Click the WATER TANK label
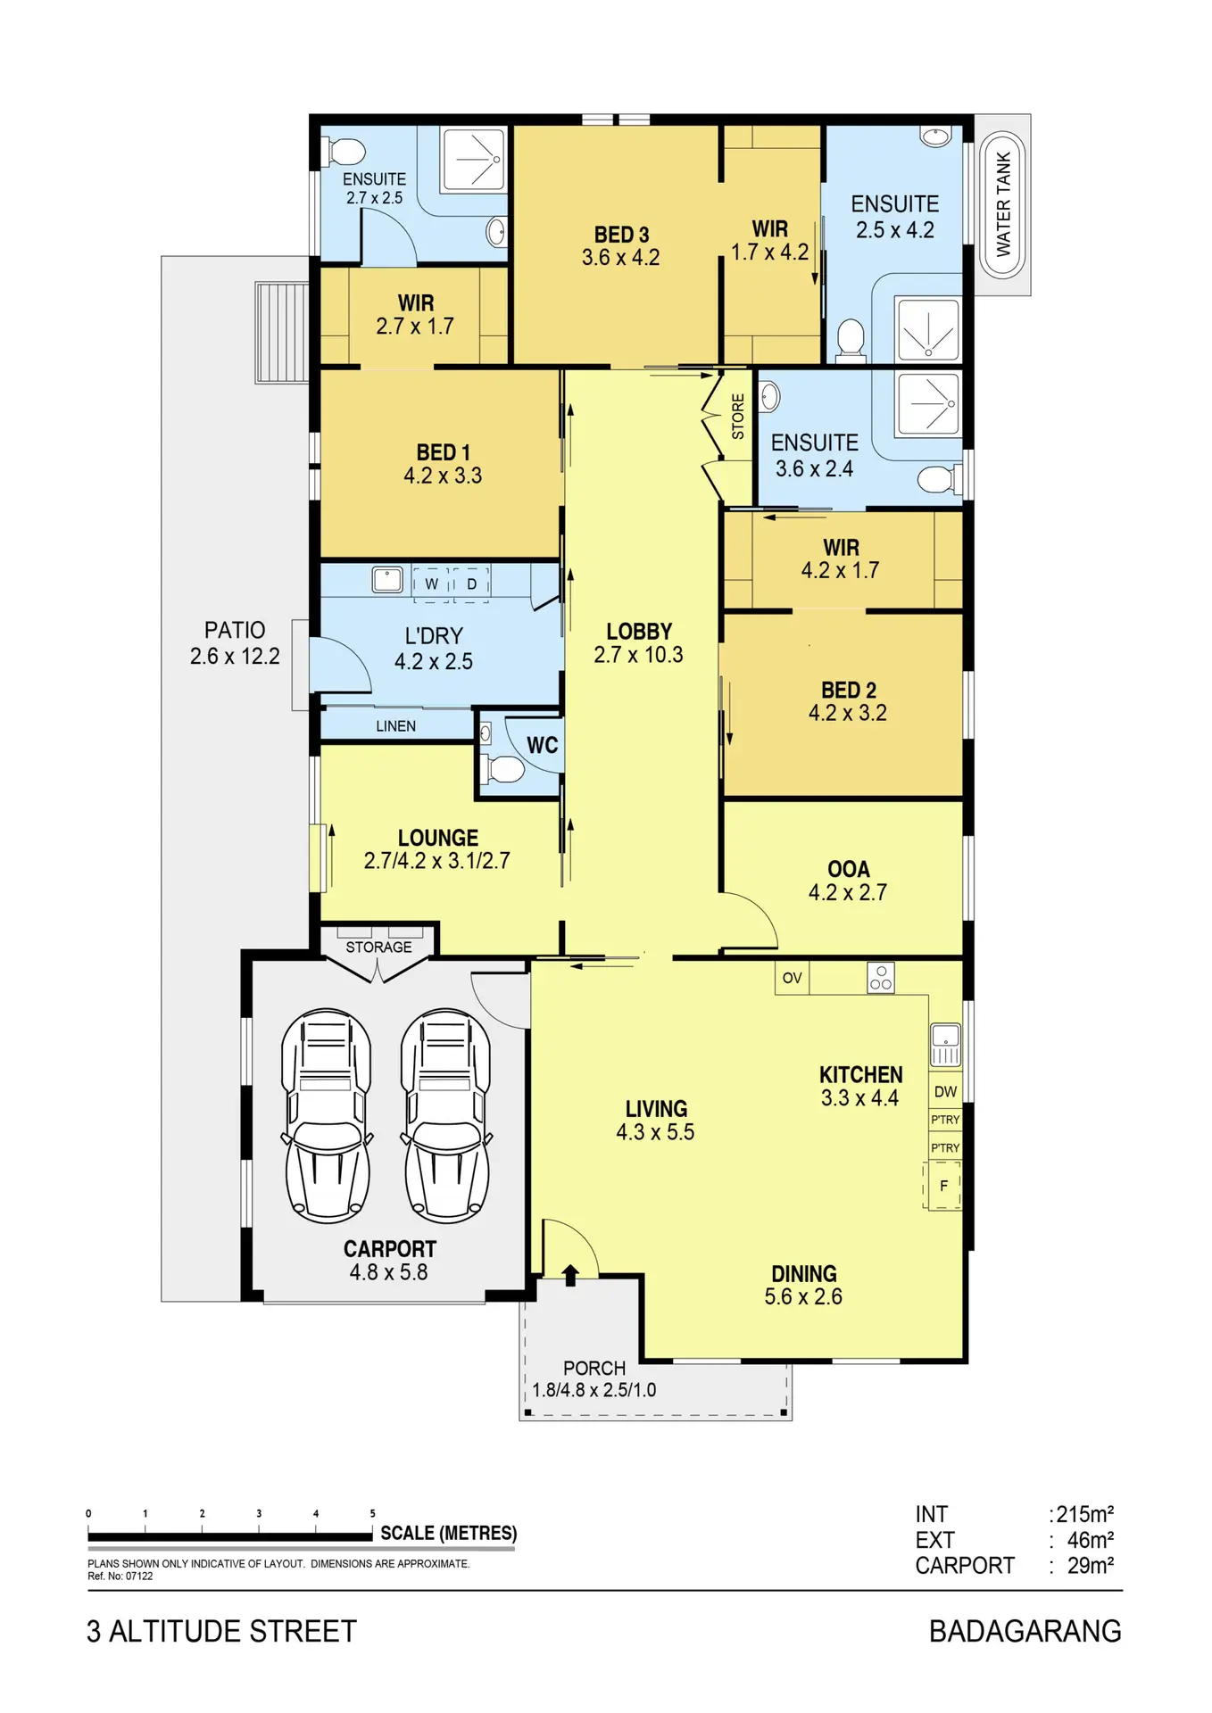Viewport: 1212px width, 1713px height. [x=1003, y=204]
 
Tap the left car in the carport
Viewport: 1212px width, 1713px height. [x=327, y=1115]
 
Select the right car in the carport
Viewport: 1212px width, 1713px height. [x=446, y=1115]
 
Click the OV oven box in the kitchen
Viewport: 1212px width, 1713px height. [x=793, y=978]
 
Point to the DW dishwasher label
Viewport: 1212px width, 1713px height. [x=945, y=1092]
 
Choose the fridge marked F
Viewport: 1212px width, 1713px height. [x=943, y=1186]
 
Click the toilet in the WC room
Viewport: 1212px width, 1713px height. [x=504, y=768]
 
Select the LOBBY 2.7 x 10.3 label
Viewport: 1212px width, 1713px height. [x=639, y=642]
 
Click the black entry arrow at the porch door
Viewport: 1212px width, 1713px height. [x=570, y=1274]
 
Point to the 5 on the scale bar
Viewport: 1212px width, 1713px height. [x=372, y=1513]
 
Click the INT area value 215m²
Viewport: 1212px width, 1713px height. [x=1085, y=1514]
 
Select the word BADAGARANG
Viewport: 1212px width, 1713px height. [x=1025, y=1631]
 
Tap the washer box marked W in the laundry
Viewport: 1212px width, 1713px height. [x=431, y=584]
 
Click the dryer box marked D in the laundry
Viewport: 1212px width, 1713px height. [x=472, y=584]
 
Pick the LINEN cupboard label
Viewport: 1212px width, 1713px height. [x=395, y=726]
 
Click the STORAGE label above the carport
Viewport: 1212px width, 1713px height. [x=378, y=947]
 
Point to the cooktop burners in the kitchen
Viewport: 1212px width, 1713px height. [x=881, y=978]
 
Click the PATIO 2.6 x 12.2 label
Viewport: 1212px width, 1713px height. [x=235, y=643]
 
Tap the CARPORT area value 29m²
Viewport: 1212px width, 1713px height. [x=1091, y=1566]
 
